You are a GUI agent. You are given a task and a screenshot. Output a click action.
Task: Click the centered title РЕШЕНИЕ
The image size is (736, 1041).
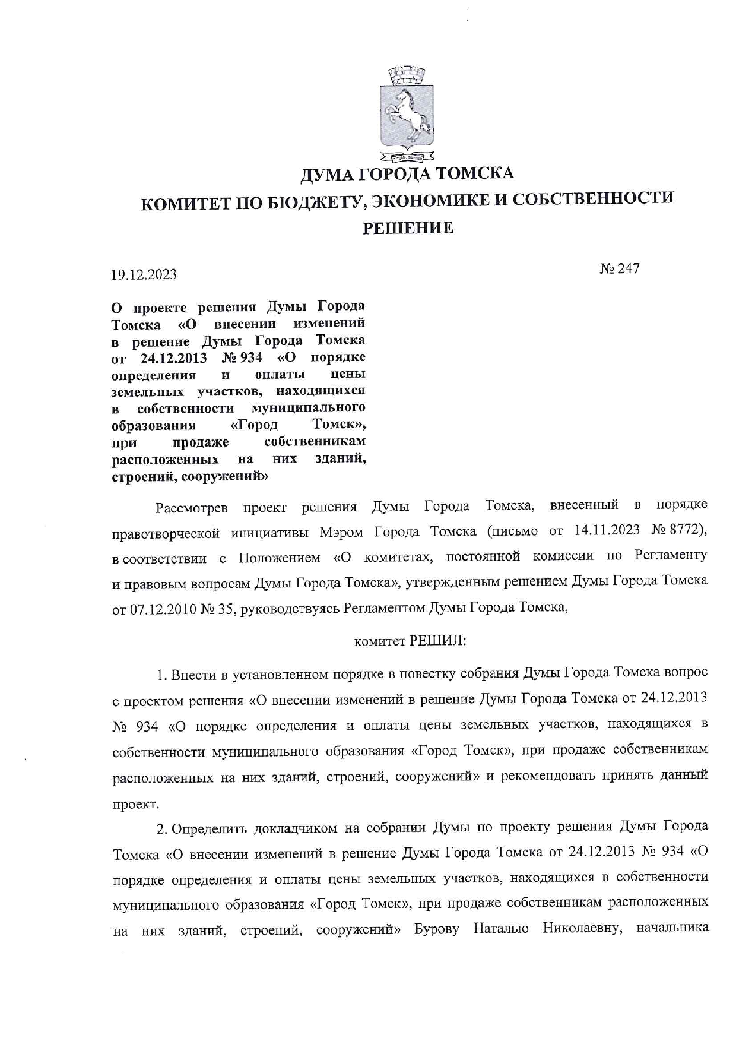point(408,227)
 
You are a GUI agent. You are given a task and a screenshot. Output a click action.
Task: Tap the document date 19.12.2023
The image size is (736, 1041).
point(144,274)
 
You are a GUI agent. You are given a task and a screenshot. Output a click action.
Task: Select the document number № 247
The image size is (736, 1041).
point(619,268)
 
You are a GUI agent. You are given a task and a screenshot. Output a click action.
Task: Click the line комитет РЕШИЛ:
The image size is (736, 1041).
point(410,642)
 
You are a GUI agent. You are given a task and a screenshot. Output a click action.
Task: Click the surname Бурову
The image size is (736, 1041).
point(437,929)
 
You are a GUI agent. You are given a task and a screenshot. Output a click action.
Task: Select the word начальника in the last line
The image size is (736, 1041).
point(671,928)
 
